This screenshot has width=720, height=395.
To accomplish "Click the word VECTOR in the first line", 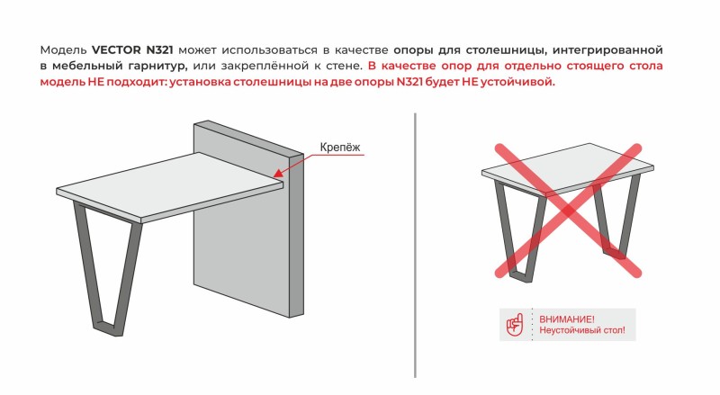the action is [117, 49].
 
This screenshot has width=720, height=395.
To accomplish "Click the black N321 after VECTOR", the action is [160, 49].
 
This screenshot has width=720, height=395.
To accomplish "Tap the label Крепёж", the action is [340, 147].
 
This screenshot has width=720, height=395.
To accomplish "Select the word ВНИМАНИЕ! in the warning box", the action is [567, 319].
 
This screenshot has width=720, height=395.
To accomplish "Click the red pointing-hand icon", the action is [515, 325].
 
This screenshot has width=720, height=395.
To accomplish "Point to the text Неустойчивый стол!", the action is [581, 330].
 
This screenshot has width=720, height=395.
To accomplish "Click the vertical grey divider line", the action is [415, 246].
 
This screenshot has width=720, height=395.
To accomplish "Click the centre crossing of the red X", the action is [568, 211].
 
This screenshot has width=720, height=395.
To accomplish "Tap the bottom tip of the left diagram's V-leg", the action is [109, 332].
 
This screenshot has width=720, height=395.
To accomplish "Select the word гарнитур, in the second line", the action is [157, 67].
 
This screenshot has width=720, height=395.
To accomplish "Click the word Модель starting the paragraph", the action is [63, 49].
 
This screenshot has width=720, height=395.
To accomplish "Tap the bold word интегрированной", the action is [607, 49].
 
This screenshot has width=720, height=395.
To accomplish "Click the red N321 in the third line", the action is [410, 82].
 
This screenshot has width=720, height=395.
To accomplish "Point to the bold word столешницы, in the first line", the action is [507, 49].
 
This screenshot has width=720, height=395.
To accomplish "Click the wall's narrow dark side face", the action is [297, 234].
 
